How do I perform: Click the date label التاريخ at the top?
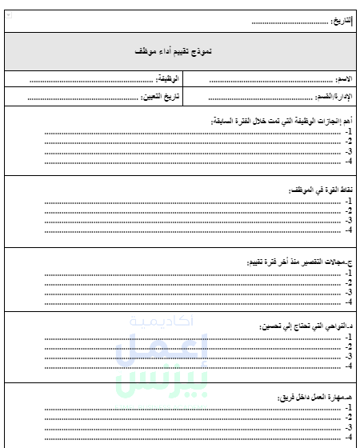pos(341,20)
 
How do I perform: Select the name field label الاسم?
pos(346,80)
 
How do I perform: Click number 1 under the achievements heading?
pos(349,131)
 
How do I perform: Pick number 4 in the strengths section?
pos(349,230)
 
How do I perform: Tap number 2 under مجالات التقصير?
pos(349,282)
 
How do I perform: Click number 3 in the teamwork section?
pos(349,427)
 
